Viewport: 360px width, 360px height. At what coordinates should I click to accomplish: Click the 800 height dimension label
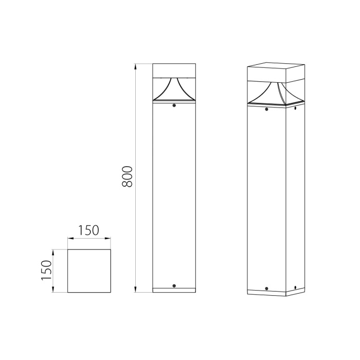[129, 176]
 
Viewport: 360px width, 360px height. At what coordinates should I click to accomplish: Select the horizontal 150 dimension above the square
[89, 230]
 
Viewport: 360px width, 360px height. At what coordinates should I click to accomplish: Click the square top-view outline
[89, 271]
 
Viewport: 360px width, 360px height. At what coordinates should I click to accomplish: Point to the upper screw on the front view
[174, 106]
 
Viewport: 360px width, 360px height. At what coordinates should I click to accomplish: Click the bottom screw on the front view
[174, 285]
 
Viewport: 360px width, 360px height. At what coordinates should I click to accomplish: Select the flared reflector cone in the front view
[174, 91]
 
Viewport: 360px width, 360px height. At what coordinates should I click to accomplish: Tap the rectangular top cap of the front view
[174, 70]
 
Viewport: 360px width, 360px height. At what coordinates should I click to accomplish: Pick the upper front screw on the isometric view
[266, 109]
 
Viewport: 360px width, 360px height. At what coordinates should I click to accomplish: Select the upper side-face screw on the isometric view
[295, 108]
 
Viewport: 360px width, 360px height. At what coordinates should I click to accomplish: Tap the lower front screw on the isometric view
[266, 289]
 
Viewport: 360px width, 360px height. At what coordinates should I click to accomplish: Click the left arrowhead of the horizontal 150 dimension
[70, 239]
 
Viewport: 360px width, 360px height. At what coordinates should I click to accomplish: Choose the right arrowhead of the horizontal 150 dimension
[108, 239]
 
